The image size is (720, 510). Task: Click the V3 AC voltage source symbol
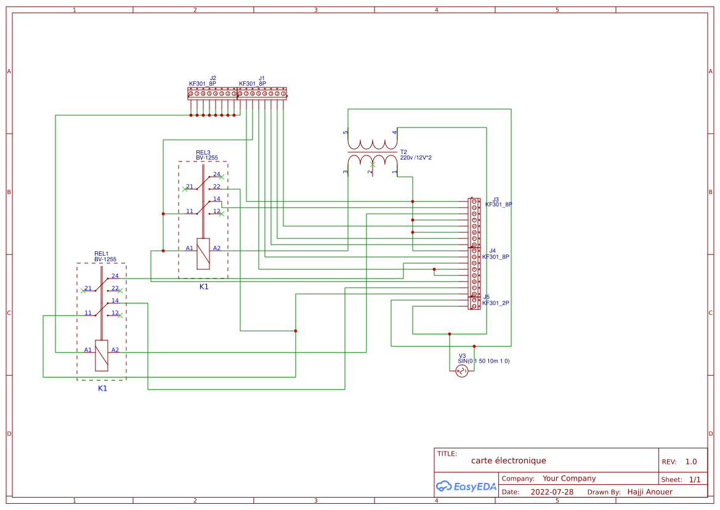point(461,371)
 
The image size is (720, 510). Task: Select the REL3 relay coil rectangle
point(203,254)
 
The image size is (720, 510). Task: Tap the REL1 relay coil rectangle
point(102,355)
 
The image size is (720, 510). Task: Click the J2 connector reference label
point(213,78)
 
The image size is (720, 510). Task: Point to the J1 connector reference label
point(262,78)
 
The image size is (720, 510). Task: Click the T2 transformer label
point(403,152)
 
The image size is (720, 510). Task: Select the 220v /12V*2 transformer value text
point(416,158)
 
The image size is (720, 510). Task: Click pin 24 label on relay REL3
point(216,174)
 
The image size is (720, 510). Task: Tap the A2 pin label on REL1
point(115,350)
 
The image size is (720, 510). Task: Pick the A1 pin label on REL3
point(190,248)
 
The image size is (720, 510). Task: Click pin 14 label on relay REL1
point(115,301)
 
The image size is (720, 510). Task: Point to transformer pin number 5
point(346,132)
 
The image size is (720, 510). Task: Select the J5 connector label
point(487,297)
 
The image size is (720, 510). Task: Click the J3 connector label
point(495,199)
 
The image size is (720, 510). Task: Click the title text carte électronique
point(508,461)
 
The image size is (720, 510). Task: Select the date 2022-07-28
point(552,492)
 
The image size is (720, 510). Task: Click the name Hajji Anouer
point(650,492)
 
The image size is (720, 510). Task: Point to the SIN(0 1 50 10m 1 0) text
point(483,361)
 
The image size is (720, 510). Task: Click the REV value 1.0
point(691,462)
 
